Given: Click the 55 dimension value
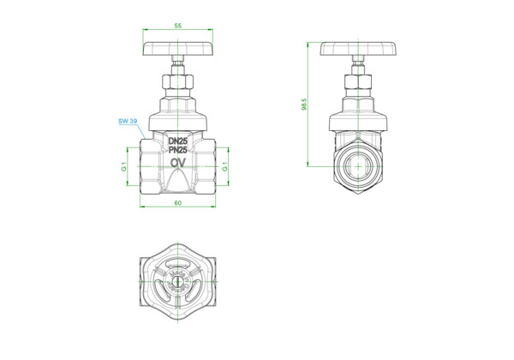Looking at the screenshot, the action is click(177, 26).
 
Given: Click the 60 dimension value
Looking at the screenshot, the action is click(177, 203).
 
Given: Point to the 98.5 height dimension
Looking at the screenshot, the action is click(304, 104).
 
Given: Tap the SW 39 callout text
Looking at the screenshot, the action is click(128, 121).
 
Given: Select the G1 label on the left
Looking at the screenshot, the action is click(123, 166).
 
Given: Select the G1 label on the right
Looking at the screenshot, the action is click(224, 166).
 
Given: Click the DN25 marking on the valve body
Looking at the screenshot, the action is click(177, 141).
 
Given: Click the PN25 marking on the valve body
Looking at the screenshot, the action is click(177, 150).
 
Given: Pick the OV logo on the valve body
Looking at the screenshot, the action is click(178, 163).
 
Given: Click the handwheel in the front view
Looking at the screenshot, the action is click(178, 48).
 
